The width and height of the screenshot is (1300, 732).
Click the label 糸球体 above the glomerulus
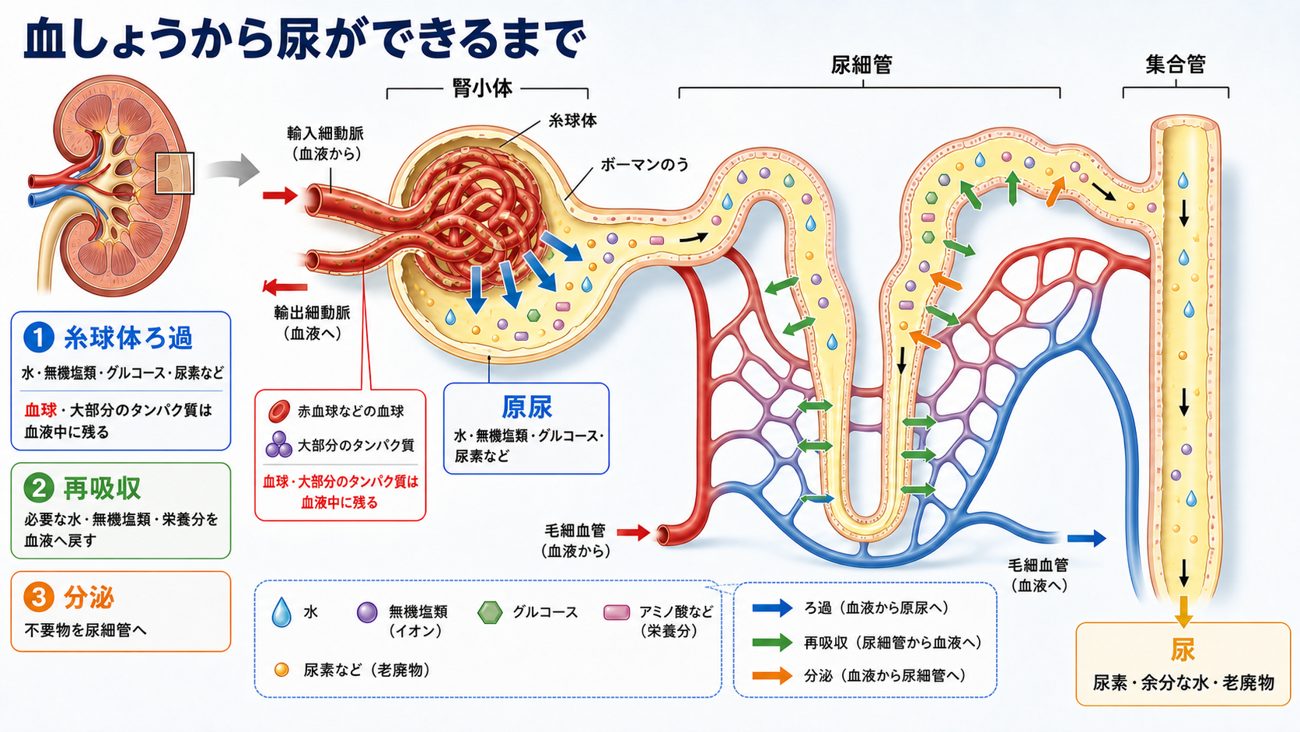coord(572,121)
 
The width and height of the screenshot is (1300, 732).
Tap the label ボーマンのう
coord(645,165)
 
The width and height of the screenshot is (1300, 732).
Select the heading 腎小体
coord(482,88)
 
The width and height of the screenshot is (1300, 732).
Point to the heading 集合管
coord(1176,65)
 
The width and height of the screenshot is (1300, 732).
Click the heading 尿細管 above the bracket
coord(861,65)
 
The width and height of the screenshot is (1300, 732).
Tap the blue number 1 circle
coord(39,338)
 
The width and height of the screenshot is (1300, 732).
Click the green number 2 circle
coord(39,488)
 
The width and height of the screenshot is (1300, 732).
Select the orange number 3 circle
coord(39,597)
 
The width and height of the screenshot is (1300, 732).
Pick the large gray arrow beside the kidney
coord(232,170)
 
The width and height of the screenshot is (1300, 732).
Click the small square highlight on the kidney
coord(175,173)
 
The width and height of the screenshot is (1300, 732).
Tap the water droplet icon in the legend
coord(281,612)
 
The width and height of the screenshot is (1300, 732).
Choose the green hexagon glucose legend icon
coord(490,612)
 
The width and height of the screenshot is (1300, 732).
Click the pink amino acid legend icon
coord(617,612)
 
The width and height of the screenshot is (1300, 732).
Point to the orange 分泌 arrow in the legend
coord(772,676)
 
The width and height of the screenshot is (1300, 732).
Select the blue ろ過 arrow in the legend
coord(772,608)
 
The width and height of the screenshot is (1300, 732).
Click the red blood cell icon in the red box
coord(278,411)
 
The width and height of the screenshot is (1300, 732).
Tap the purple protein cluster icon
coord(278,445)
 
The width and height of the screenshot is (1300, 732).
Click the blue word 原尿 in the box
coord(526,407)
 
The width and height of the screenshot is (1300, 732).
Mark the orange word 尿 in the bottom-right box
coord(1183,650)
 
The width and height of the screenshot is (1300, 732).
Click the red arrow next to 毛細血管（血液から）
coord(633,532)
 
